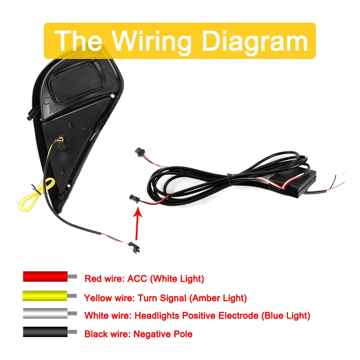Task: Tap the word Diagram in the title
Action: pos(255,41)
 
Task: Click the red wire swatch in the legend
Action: pos(45,276)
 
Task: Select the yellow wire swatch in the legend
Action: pos(45,296)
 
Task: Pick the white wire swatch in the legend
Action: pos(45,314)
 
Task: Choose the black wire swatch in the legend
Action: pos(45,333)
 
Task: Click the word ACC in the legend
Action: pos(137,279)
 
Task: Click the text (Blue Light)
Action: pos(285,316)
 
